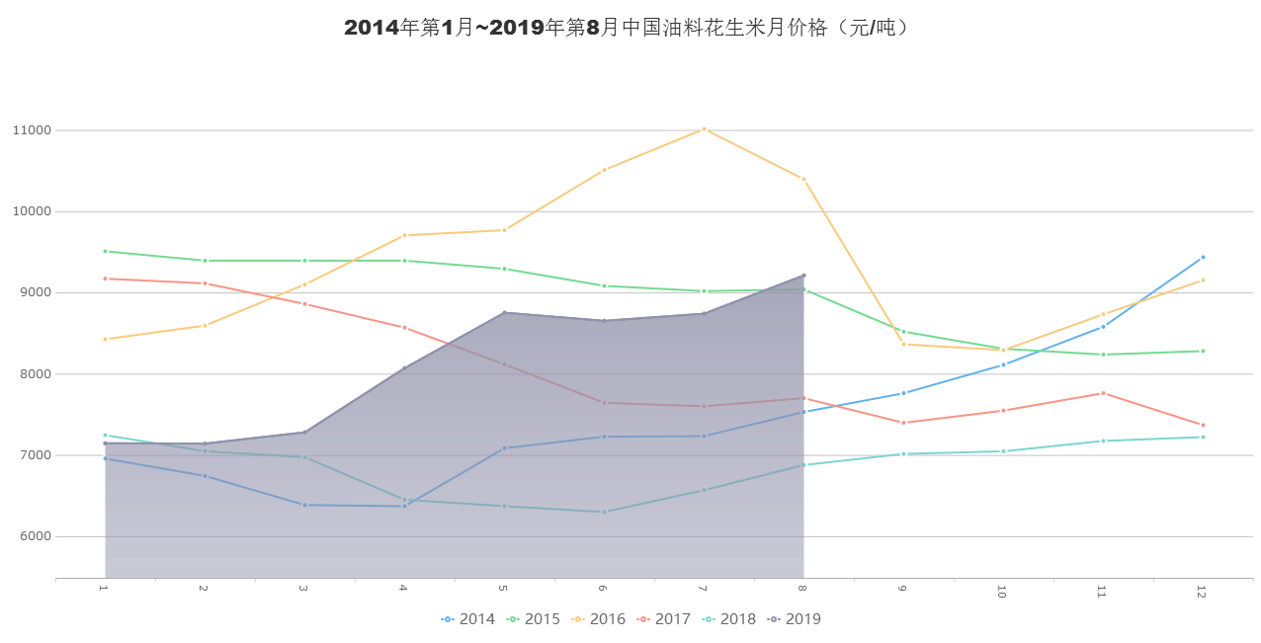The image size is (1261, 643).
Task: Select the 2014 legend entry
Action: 469,619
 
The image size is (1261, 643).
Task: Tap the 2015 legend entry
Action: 534,619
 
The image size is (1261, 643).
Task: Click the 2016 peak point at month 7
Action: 704,128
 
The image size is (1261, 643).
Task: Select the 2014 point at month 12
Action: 1203,257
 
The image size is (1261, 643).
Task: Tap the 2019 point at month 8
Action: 803,275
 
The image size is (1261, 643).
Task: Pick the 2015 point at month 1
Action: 105,251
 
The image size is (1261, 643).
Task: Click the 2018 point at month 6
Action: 604,512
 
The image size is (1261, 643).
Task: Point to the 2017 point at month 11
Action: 1103,393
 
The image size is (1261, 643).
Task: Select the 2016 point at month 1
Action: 105,339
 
